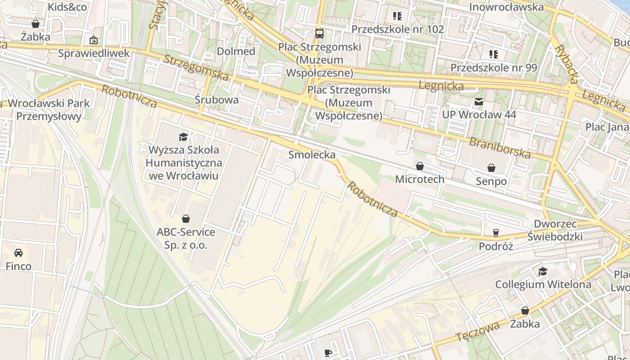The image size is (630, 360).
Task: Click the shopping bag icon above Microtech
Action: (x=420, y=166)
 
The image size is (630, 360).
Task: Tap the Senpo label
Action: (x=491, y=181)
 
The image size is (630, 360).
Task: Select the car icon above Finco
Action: (x=18, y=252)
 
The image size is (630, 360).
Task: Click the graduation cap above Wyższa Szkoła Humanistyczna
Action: (x=183, y=137)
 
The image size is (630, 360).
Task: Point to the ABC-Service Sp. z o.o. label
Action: (x=186, y=238)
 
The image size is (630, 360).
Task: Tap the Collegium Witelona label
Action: (x=543, y=284)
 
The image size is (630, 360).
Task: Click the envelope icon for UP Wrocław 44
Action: (x=479, y=102)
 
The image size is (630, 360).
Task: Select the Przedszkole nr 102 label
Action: (x=397, y=29)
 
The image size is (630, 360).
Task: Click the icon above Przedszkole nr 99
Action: (x=494, y=54)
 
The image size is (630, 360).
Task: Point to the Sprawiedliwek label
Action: (x=94, y=53)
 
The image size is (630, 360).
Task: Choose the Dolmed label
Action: (x=236, y=51)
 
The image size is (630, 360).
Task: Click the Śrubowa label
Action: (x=217, y=99)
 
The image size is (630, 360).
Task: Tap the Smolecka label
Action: (x=312, y=155)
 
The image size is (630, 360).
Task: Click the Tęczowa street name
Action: (x=477, y=331)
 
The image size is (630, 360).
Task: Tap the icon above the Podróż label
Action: (x=496, y=233)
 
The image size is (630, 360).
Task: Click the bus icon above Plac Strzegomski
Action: (x=319, y=33)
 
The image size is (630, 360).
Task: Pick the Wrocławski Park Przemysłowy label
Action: (x=49, y=110)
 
